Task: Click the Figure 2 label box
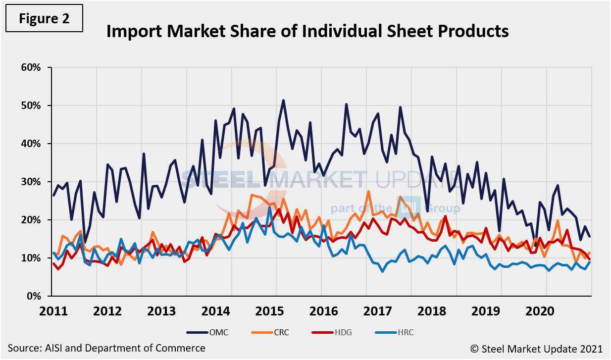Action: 45,19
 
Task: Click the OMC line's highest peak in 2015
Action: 283,101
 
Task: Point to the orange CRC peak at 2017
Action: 368,191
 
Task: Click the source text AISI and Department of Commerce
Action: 106,348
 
